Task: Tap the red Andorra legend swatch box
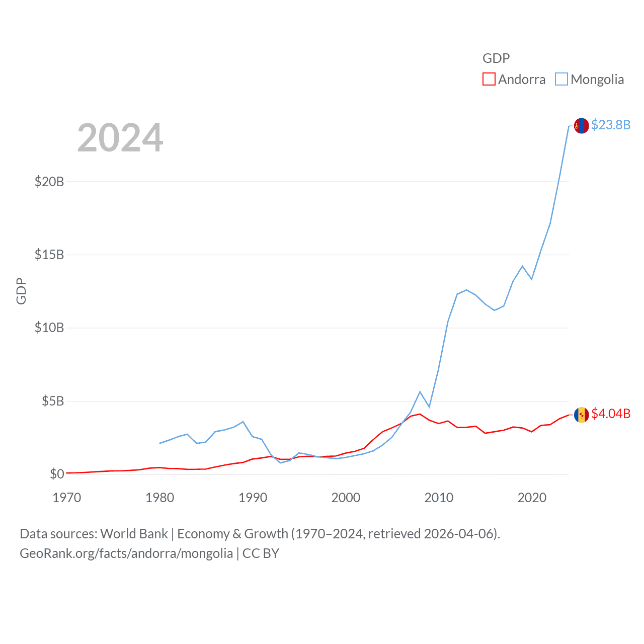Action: tap(489, 79)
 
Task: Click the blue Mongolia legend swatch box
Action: tap(561, 79)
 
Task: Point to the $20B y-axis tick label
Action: tap(49, 182)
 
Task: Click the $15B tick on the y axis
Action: tap(49, 255)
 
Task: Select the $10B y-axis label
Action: tap(49, 328)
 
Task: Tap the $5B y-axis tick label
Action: tap(53, 401)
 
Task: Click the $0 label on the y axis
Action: tap(57, 474)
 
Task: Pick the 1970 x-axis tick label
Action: tap(66, 498)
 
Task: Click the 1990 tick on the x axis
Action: tap(253, 498)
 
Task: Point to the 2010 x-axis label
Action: tap(439, 498)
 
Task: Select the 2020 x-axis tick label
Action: tap(532, 498)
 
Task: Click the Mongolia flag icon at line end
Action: tap(581, 126)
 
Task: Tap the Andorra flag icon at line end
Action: tap(581, 415)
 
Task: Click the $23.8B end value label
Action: tap(611, 125)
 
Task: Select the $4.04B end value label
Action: tap(611, 414)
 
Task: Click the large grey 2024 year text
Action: tap(120, 138)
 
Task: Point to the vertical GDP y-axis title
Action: tap(21, 291)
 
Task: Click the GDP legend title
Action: tap(496, 58)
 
